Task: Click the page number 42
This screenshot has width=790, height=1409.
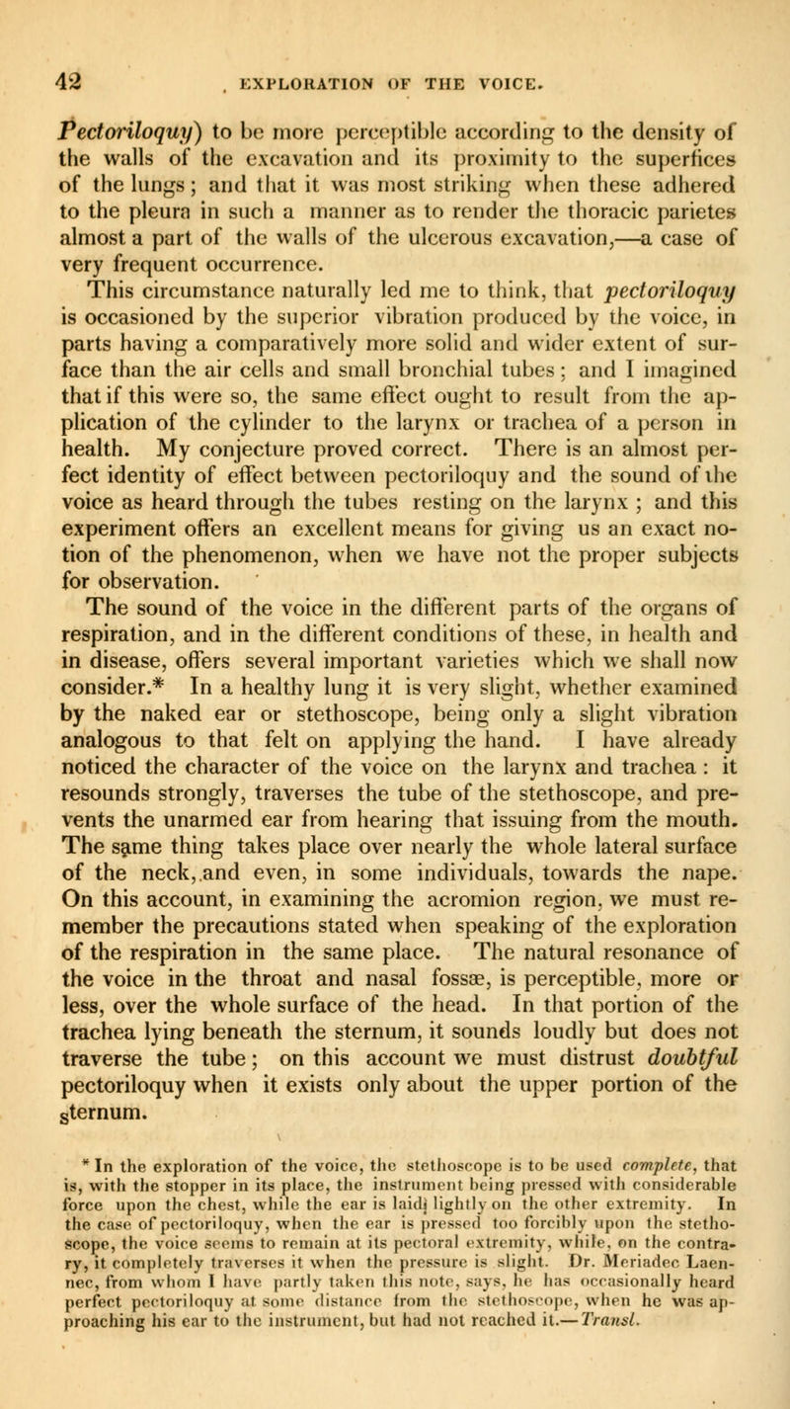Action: (x=42, y=46)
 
